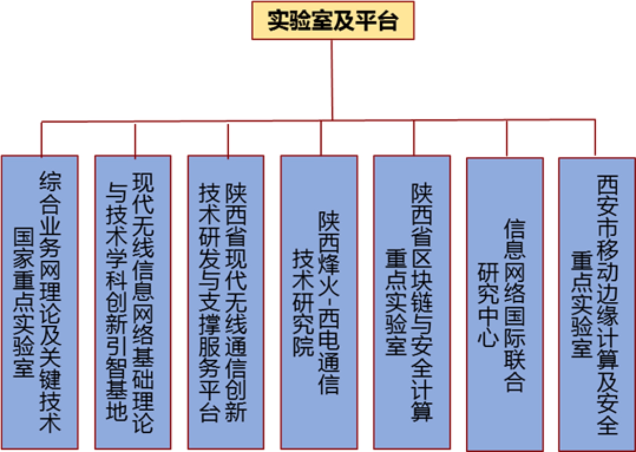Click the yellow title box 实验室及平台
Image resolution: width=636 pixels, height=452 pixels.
(x=333, y=20)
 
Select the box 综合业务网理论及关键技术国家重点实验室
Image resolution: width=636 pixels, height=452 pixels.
(x=40, y=302)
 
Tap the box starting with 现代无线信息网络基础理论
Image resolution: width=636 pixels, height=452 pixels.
(x=133, y=302)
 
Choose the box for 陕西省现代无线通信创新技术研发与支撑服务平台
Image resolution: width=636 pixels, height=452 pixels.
(x=225, y=302)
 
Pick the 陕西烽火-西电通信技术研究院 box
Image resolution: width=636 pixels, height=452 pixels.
(x=319, y=302)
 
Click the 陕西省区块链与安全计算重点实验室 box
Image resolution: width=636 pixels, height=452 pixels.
(x=412, y=302)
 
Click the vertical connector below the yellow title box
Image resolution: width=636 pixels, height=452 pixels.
(x=332, y=79)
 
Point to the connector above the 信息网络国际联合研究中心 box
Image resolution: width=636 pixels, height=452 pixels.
(x=507, y=138)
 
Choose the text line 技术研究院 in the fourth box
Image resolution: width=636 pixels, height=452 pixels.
(x=303, y=302)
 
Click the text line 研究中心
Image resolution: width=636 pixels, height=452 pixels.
(x=488, y=304)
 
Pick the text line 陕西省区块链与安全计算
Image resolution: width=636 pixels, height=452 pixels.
(x=422, y=302)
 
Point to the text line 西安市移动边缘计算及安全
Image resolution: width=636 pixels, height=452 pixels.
(x=607, y=304)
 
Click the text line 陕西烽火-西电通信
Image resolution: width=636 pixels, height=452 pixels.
(x=329, y=302)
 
